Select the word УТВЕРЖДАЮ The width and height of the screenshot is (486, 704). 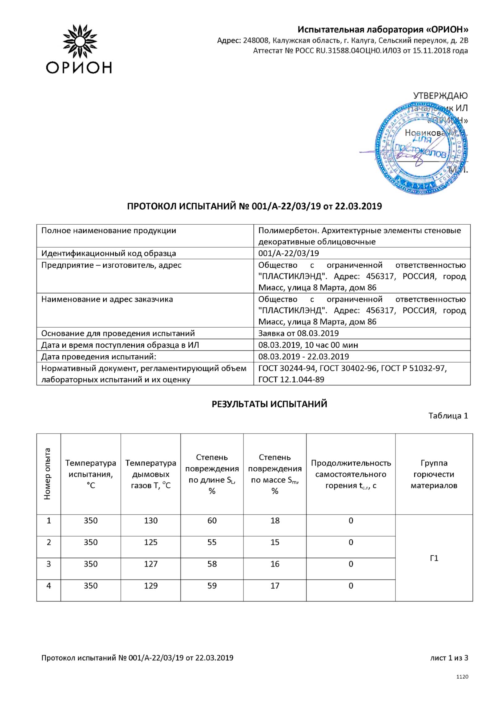(x=440, y=96)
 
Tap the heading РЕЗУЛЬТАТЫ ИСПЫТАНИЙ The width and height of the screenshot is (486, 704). (x=269, y=404)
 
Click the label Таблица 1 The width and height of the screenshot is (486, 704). (x=448, y=416)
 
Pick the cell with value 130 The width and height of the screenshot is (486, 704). (x=150, y=521)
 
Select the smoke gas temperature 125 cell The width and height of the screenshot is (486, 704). (x=150, y=542)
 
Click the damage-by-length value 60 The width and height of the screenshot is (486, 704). (x=212, y=521)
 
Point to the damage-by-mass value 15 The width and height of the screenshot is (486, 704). (x=275, y=542)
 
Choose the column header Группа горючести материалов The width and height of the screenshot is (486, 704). (x=434, y=474)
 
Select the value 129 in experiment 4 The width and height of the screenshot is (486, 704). (x=150, y=586)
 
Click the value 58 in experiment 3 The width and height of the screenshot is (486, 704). (x=212, y=564)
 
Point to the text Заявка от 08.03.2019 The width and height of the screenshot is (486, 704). (x=298, y=333)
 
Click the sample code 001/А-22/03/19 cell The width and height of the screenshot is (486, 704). (x=288, y=253)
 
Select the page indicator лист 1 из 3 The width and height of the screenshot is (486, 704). (x=449, y=658)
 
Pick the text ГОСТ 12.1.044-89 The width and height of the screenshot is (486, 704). (x=291, y=380)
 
